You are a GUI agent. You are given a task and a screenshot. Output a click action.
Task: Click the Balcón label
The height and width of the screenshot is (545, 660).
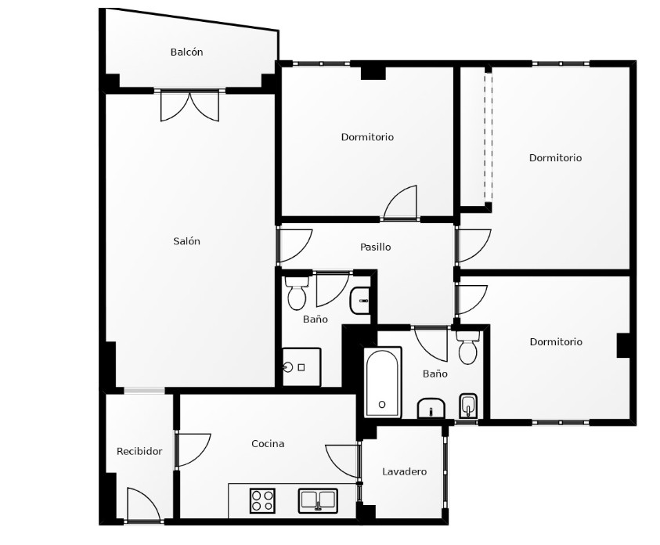[x=186, y=52]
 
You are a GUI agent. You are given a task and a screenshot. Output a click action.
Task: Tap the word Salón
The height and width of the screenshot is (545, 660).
[x=186, y=241]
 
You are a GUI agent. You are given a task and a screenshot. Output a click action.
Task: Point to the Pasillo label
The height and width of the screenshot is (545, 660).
[x=376, y=247]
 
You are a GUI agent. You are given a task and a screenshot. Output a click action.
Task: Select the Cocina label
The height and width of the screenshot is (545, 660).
[x=268, y=443]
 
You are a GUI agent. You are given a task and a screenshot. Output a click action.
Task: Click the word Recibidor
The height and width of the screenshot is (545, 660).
[x=139, y=452]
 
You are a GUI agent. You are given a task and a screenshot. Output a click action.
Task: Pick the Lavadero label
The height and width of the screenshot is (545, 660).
[x=404, y=471]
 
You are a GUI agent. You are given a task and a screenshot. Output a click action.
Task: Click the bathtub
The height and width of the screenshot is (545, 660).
[x=382, y=382]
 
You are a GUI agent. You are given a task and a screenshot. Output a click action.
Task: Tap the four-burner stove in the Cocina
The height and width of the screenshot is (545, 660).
[x=262, y=500]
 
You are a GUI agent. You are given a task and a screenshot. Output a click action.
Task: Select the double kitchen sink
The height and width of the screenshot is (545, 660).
[x=318, y=500]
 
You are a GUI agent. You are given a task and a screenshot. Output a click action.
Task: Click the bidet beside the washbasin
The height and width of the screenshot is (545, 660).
[x=468, y=406]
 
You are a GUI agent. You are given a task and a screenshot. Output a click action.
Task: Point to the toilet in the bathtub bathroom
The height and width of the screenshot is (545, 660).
[x=467, y=348]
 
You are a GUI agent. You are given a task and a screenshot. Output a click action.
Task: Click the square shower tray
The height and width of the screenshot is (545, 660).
[x=301, y=366]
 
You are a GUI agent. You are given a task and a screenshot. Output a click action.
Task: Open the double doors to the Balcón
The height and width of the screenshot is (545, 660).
[x=189, y=106]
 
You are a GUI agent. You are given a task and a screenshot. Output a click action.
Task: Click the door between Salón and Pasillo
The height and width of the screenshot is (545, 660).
[x=294, y=245]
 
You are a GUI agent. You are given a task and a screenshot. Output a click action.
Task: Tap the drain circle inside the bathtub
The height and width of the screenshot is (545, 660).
[x=382, y=404]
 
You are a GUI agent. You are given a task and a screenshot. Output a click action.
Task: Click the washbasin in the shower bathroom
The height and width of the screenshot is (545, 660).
[x=360, y=301]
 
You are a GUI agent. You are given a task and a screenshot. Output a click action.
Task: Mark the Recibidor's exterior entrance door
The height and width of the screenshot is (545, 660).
[x=144, y=505]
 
